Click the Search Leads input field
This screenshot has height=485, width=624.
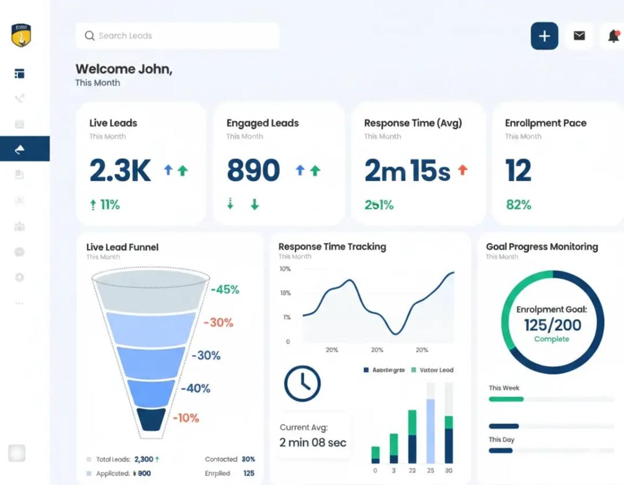(x=177, y=36)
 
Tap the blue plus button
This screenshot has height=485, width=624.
(x=544, y=36)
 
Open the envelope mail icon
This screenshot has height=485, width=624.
(x=579, y=36)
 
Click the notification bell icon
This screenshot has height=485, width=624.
(x=613, y=36)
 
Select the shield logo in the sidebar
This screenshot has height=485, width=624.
(x=21, y=35)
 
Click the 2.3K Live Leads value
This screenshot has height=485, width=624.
(x=120, y=170)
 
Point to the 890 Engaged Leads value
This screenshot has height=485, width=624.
(x=253, y=170)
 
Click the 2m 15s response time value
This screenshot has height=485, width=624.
(x=407, y=170)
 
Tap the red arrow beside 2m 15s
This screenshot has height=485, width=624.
(x=462, y=170)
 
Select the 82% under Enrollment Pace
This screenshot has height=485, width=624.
(x=518, y=205)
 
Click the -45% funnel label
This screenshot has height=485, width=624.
(x=225, y=290)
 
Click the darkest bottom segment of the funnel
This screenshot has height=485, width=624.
(x=153, y=419)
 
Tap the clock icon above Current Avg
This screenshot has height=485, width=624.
(x=302, y=383)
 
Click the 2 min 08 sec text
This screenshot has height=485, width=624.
(x=313, y=443)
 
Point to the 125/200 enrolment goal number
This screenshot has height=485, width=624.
(x=552, y=325)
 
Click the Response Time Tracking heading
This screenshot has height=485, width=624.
(x=332, y=247)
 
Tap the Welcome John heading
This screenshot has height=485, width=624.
(x=124, y=69)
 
